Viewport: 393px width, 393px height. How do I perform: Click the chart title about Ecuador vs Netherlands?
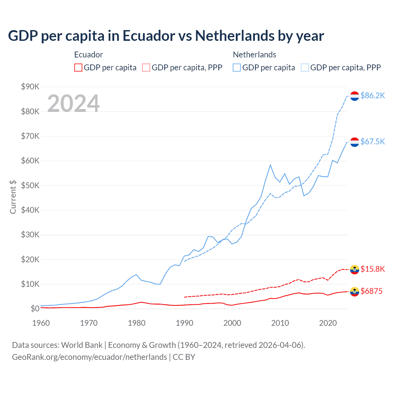tap(166, 36)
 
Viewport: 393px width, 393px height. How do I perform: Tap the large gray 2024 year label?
tap(73, 103)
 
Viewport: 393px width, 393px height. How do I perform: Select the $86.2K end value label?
tap(372, 95)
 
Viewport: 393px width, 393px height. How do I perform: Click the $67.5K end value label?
tap(372, 141)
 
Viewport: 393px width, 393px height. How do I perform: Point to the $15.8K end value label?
tap(372, 269)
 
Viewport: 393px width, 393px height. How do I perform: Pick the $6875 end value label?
tap(371, 291)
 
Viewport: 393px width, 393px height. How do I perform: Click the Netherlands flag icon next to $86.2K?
tap(355, 96)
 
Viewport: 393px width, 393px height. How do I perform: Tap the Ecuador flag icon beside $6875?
tap(355, 291)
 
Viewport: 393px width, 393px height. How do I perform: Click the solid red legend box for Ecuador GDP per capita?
tap(78, 68)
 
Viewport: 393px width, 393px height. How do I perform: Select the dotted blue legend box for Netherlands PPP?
tap(305, 68)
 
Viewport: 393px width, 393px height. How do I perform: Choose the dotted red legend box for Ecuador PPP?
tap(146, 68)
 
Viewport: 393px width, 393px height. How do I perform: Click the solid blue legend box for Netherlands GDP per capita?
tap(237, 68)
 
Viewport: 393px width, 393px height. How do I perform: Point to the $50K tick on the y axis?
tap(30, 185)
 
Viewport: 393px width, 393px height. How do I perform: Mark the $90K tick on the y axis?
tap(30, 87)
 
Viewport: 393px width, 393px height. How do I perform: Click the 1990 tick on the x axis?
tap(185, 323)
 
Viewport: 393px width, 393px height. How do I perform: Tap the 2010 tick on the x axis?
tap(280, 323)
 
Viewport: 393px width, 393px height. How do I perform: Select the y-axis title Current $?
tap(13, 197)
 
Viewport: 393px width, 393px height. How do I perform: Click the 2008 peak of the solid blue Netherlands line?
tap(270, 165)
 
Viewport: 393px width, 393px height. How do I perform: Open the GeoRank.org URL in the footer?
tap(89, 357)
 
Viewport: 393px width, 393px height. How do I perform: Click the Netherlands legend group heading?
tap(254, 55)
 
